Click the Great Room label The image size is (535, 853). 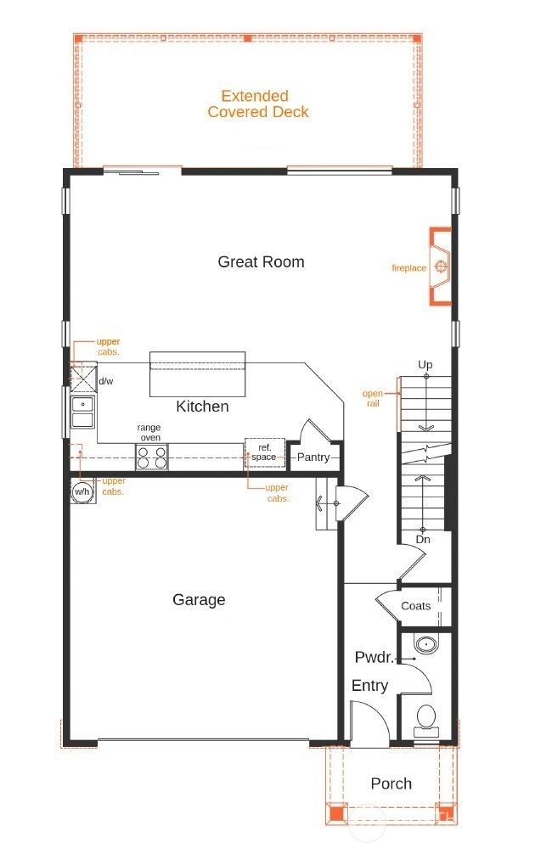(261, 261)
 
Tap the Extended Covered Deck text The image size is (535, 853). (257, 104)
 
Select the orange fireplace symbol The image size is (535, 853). (440, 267)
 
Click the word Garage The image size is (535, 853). (199, 600)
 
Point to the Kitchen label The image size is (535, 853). (202, 407)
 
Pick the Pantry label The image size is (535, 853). (313, 457)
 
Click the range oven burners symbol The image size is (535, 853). (152, 457)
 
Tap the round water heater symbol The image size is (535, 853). (82, 492)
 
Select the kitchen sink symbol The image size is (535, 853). (83, 411)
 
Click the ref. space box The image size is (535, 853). (263, 452)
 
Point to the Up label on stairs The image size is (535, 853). (425, 365)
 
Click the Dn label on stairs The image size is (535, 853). (422, 539)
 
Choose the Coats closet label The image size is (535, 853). (415, 606)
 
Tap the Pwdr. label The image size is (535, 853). (374, 658)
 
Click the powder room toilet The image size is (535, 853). (425, 720)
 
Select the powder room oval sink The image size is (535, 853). (425, 644)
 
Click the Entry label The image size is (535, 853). (369, 686)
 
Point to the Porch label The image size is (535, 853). (391, 783)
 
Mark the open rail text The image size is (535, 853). (373, 398)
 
